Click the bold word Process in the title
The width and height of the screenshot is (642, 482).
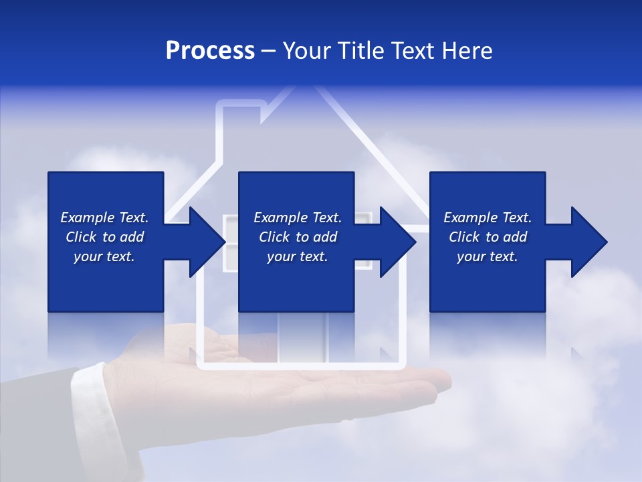[x=210, y=51]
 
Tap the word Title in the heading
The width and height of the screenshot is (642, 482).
[x=364, y=51]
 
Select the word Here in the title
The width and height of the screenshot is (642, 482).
[x=467, y=51]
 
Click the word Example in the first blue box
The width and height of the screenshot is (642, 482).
[x=87, y=218]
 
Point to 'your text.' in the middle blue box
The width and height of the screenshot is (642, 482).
[x=297, y=256]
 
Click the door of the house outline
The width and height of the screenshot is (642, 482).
[x=303, y=338]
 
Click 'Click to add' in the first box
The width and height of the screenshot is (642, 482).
[x=105, y=237]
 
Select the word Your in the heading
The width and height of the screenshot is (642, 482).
[x=306, y=51]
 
